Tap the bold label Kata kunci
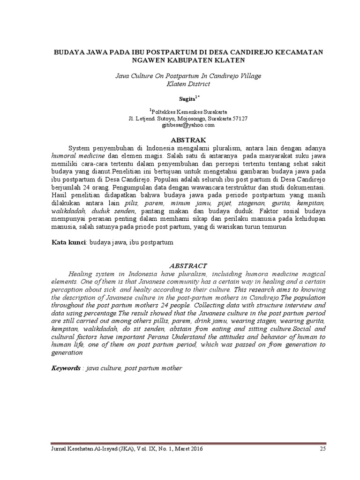click(x=67, y=243)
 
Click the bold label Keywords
click(x=66, y=368)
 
